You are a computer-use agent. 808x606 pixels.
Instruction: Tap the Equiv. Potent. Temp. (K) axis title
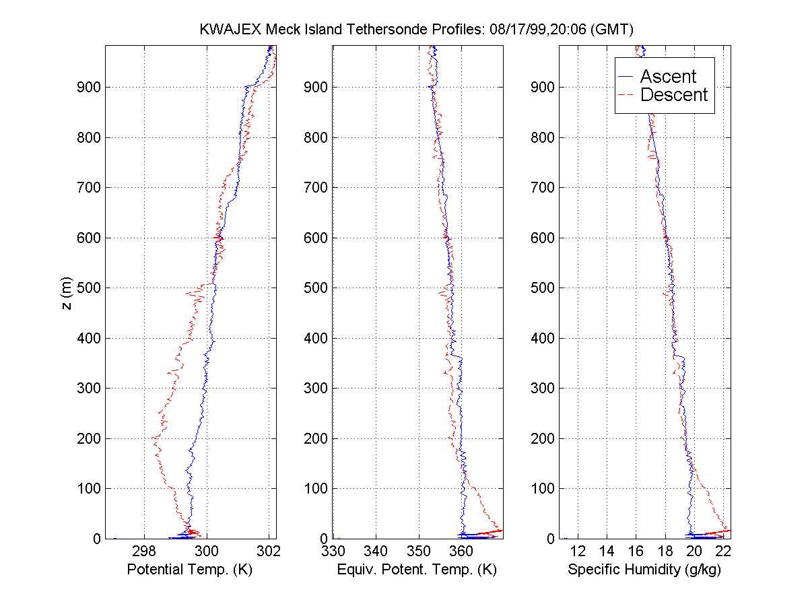[x=416, y=570]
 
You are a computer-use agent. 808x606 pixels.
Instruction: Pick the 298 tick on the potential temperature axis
[x=144, y=551]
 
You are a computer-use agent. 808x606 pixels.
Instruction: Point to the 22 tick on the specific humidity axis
[x=723, y=551]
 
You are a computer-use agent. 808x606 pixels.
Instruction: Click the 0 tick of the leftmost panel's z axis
[x=98, y=539]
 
